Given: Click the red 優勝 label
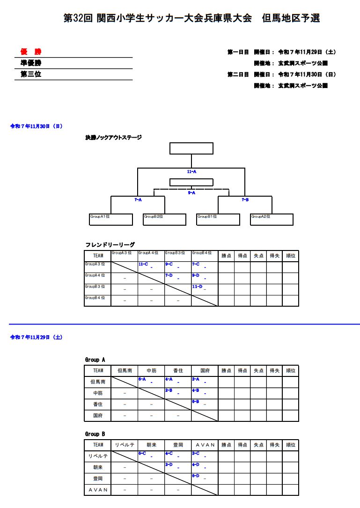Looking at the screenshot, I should (31, 52).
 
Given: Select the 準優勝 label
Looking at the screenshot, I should (31, 63).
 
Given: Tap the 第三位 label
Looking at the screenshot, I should (31, 74).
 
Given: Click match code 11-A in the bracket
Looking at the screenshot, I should (191, 172).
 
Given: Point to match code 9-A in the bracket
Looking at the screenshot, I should (191, 192).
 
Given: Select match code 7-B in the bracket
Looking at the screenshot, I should (245, 200).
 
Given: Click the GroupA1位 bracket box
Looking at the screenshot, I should (111, 220).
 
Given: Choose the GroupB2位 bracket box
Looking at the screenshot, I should (165, 220).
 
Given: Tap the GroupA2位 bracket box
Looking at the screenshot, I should (272, 220).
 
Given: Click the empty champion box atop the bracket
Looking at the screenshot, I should (191, 148).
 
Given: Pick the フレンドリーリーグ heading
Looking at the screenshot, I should (110, 245).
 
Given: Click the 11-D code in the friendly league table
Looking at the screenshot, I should (197, 287).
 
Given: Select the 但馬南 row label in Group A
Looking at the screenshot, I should (98, 382).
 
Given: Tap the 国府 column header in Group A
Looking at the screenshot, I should (205, 371).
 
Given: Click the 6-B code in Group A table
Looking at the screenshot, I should (196, 402).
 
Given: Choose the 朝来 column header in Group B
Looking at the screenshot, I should (151, 445).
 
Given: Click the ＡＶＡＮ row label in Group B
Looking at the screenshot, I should (98, 490).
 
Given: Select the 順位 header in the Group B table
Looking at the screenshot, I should (290, 445).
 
